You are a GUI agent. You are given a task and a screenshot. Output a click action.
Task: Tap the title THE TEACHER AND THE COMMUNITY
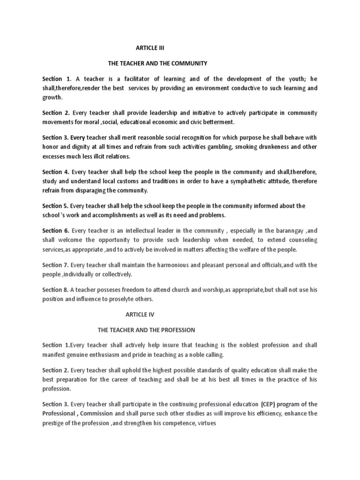point(157,62)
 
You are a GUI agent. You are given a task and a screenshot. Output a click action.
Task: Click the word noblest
point(239,345)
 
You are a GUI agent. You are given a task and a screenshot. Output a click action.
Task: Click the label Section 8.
point(55,289)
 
